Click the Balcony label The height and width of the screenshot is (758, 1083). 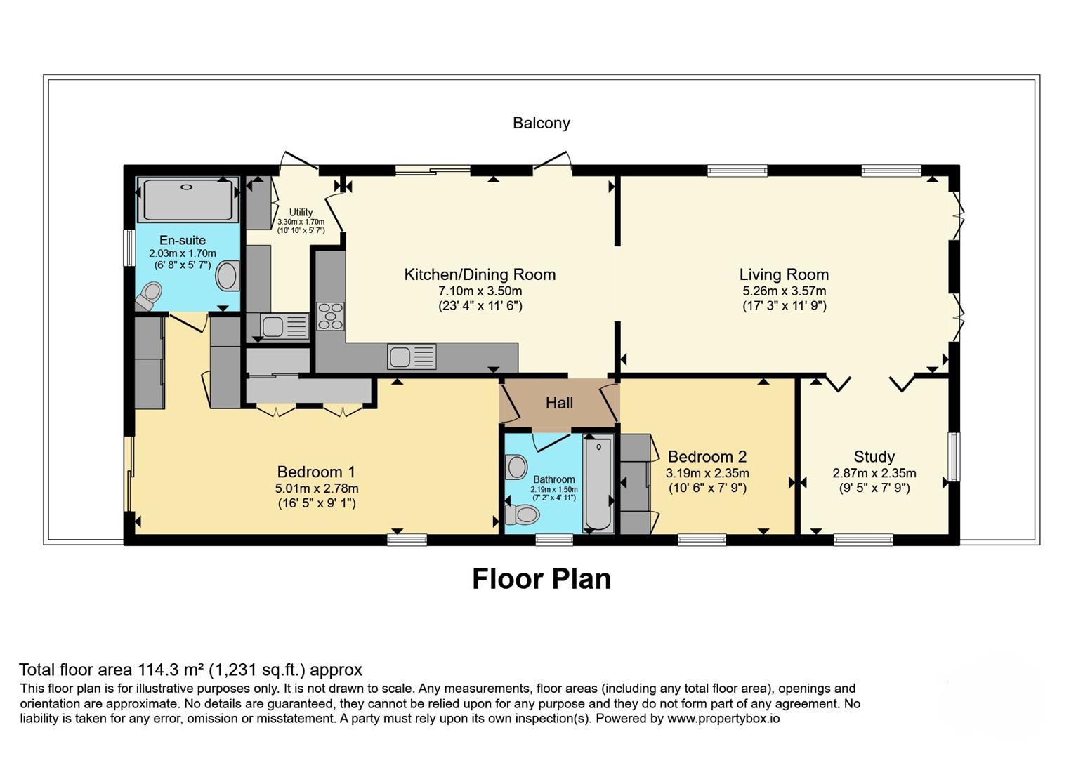pos(541,124)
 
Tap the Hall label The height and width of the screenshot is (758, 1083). pos(559,403)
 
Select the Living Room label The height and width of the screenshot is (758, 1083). pos(784,274)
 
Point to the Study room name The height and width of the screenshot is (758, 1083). pos(874,456)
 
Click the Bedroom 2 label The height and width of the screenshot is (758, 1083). pos(707,456)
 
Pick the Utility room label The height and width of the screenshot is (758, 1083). pos(301,212)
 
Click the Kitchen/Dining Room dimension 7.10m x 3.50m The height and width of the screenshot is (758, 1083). pos(480,291)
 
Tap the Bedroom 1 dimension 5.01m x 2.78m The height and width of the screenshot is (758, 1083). pos(317,488)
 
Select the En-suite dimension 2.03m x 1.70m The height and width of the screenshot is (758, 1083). pos(183,253)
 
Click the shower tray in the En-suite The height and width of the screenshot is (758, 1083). pos(188,200)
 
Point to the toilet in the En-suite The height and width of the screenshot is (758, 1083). pos(149,295)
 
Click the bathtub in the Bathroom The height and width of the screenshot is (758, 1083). pos(598,484)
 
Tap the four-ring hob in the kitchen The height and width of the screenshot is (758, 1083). pos(331,316)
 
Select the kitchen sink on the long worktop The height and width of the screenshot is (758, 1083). pos(412,357)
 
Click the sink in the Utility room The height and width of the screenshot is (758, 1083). pos(284,326)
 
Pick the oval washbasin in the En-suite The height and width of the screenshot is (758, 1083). pos(228,276)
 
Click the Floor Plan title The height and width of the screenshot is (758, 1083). pos(541,579)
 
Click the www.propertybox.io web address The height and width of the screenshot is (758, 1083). pos(723,719)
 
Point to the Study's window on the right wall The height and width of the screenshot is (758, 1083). pos(954,457)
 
